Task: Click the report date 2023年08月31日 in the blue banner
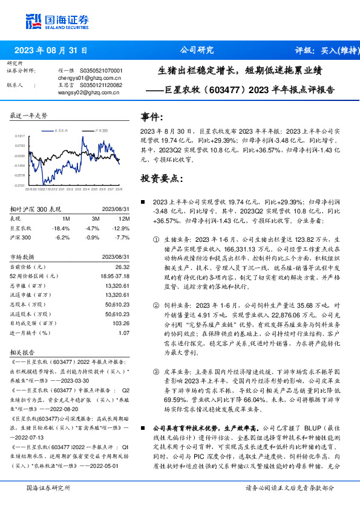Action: pyautogui.click(x=50, y=51)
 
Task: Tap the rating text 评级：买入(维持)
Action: pyautogui.click(x=324, y=51)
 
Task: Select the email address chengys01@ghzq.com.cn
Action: pyautogui.click(x=80, y=78)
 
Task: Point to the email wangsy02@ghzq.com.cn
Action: pyautogui.click(x=80, y=92)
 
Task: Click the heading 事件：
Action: pyautogui.click(x=152, y=116)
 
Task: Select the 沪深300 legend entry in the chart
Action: pyautogui.click(x=99, y=130)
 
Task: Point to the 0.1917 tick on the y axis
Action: pyautogui.click(x=20, y=137)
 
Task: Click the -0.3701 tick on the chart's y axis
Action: pyautogui.click(x=20, y=185)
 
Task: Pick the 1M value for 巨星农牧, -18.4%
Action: pyautogui.click(x=62, y=229)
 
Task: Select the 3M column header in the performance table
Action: pyautogui.click(x=95, y=218)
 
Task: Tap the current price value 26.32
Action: pyautogui.click(x=123, y=267)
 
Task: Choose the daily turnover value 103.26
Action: pyautogui.click(x=121, y=323)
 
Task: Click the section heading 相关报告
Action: pyautogui.click(x=22, y=352)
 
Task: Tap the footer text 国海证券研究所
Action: pyautogui.click(x=48, y=487)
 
